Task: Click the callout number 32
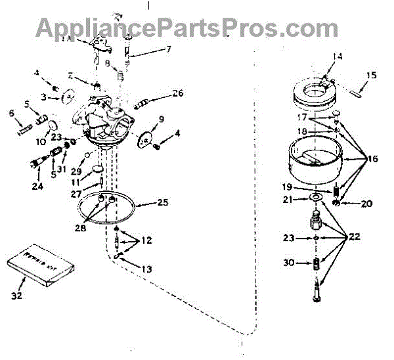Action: point(18,296)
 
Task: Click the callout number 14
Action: point(337,57)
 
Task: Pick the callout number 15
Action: point(372,75)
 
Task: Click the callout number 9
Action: point(161,120)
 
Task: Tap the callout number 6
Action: point(11,113)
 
